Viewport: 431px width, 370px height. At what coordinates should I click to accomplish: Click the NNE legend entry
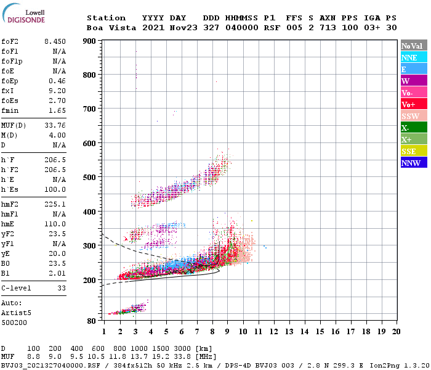[413, 57]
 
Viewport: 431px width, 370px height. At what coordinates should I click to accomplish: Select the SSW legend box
[413, 116]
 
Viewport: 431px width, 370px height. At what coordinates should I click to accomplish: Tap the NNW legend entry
[413, 163]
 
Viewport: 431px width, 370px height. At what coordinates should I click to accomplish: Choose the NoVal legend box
[413, 46]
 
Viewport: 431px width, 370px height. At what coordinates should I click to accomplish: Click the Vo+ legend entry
[413, 104]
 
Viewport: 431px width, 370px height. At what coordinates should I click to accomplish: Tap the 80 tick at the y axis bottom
[91, 321]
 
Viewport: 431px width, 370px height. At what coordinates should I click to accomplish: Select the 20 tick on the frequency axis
[397, 332]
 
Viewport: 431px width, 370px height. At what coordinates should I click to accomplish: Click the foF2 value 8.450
[55, 41]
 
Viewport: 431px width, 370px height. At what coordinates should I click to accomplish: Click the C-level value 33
[62, 288]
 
